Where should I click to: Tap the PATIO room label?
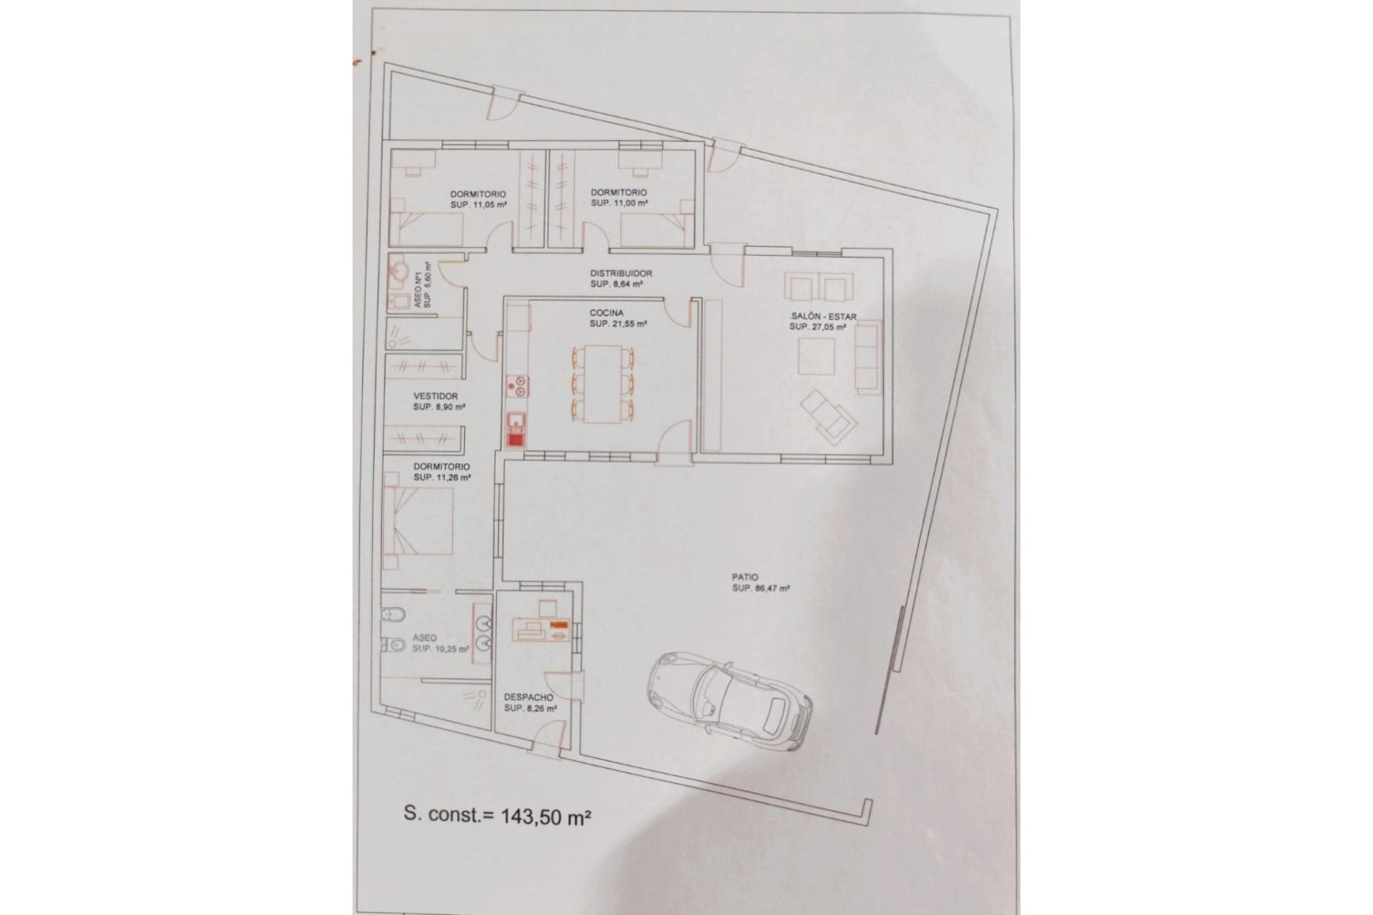tap(744, 577)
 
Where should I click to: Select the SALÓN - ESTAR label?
tap(823, 317)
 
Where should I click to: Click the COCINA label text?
tap(606, 313)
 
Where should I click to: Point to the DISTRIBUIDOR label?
tap(621, 273)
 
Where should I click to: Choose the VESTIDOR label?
tap(435, 396)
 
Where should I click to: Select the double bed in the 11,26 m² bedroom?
tap(419, 521)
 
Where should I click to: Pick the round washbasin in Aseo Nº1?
tap(399, 272)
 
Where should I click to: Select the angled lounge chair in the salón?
tap(829, 417)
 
